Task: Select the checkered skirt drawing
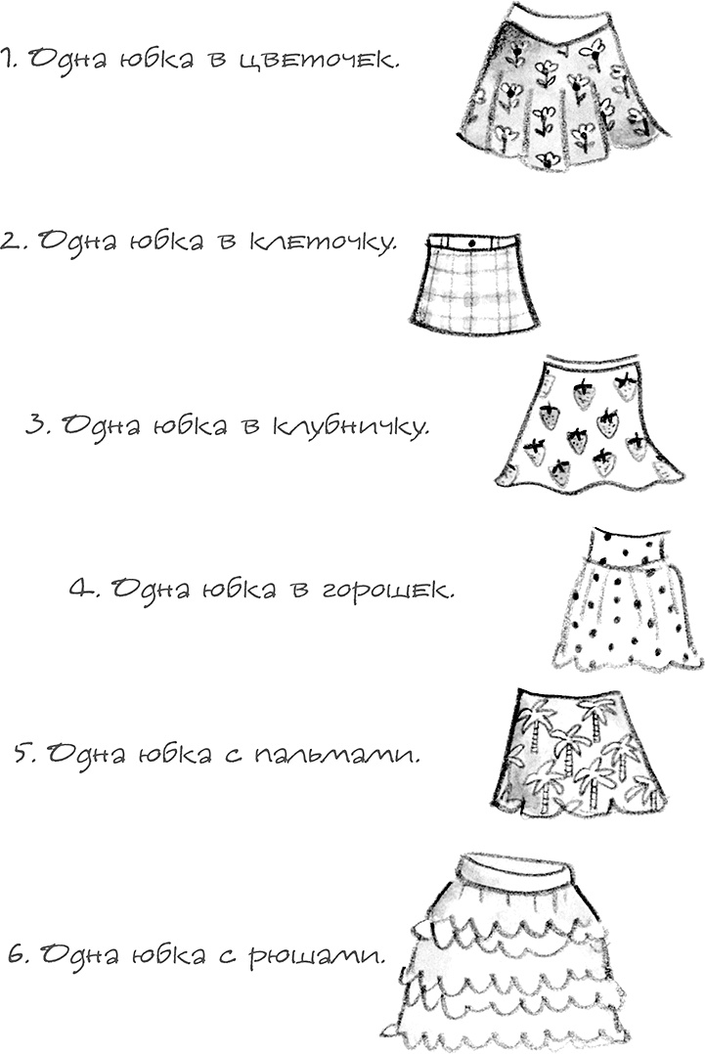pos(474,288)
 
